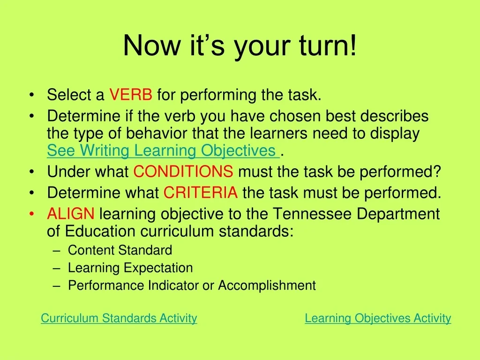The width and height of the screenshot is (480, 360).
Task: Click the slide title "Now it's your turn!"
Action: click(x=240, y=46)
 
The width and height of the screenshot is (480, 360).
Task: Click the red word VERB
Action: click(x=131, y=95)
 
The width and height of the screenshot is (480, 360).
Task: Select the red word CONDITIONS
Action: click(x=183, y=172)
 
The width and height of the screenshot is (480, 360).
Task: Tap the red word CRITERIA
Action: click(x=201, y=193)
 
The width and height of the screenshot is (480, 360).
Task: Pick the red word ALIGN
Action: click(x=71, y=214)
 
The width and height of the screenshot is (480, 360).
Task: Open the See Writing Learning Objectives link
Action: click(x=163, y=150)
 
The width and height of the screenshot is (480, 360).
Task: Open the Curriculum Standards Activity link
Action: click(x=119, y=318)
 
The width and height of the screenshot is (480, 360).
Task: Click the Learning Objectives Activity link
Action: click(x=378, y=318)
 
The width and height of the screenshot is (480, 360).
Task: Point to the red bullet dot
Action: click(x=32, y=214)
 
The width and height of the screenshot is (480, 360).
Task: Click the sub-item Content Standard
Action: click(x=120, y=250)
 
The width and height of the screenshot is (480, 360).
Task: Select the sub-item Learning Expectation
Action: click(x=130, y=268)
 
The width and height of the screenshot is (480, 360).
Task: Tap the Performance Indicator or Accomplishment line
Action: click(x=192, y=285)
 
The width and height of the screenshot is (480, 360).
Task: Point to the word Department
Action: click(x=398, y=214)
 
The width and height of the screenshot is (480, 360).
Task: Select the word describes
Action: click(x=394, y=116)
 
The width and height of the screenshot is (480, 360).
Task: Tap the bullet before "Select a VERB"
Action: click(x=32, y=95)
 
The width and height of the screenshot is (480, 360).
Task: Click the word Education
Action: click(x=100, y=231)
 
